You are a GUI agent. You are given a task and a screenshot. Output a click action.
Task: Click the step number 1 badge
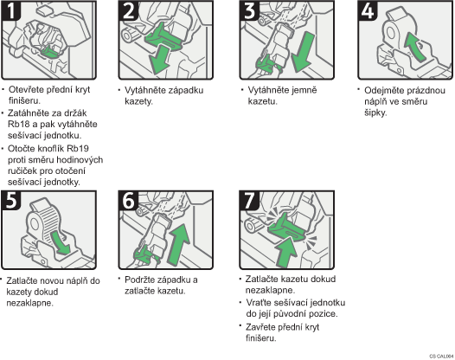tap(11, 10)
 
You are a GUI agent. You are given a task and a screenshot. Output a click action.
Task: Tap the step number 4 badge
tap(368, 10)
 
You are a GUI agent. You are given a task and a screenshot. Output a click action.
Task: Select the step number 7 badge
tap(249, 200)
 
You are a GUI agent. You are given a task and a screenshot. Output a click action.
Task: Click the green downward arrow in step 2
tap(159, 60)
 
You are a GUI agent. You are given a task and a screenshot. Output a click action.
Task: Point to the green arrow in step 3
tap(304, 52)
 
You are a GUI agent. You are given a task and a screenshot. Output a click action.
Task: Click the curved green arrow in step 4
tap(414, 47)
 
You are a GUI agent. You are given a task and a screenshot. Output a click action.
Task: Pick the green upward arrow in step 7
tap(286, 252)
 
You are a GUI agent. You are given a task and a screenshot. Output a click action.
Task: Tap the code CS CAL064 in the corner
tap(442, 357)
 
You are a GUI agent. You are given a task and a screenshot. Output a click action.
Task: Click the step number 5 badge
tap(11, 200)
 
